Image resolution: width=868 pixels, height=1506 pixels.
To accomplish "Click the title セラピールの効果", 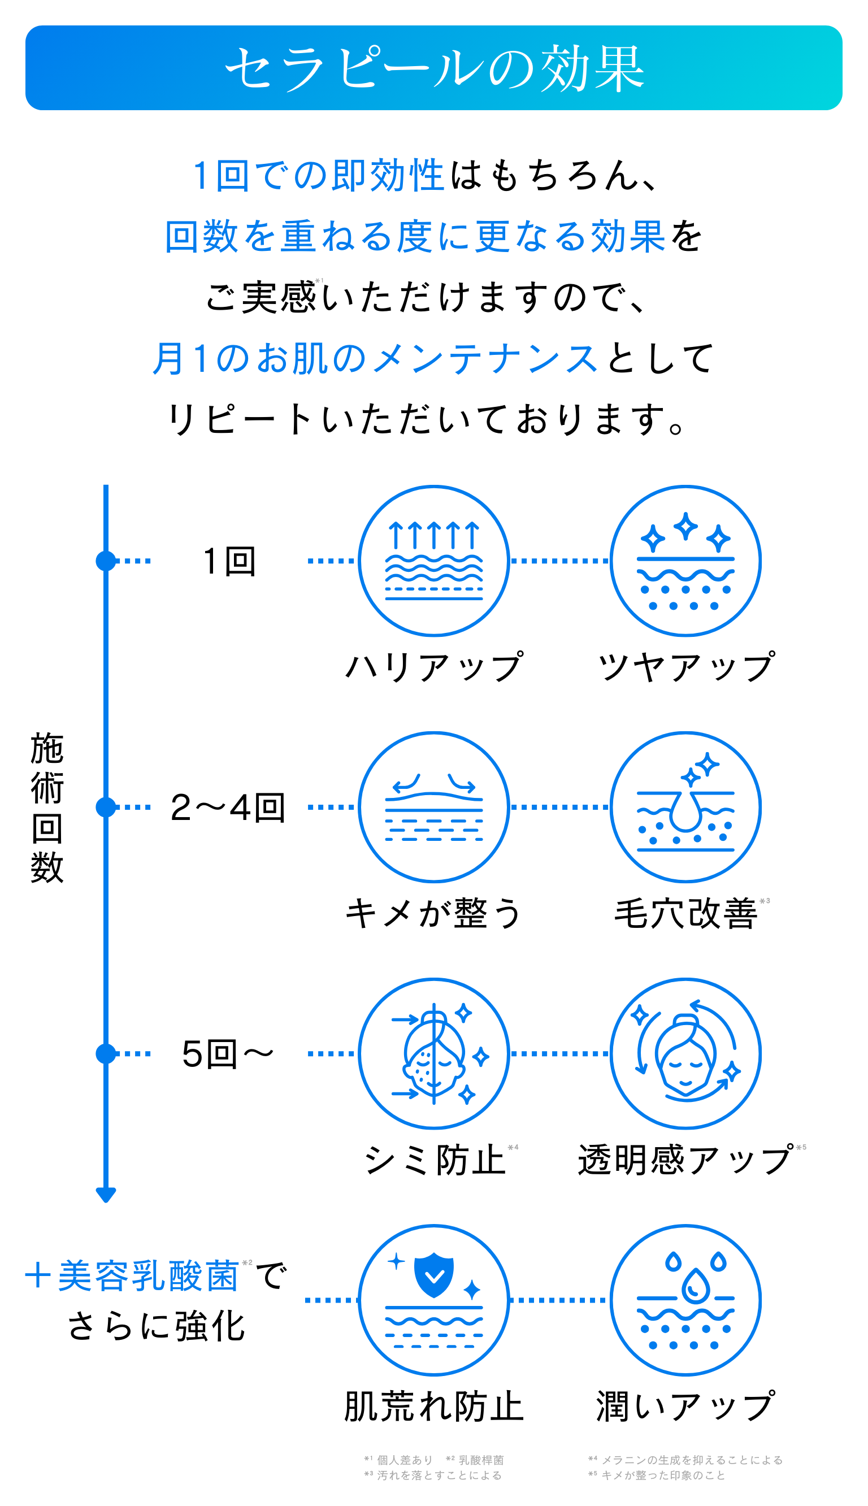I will pyautogui.click(x=434, y=68).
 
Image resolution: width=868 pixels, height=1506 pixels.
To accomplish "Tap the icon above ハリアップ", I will pyautogui.click(x=434, y=561).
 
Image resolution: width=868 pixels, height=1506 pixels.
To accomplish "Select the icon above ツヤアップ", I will pyautogui.click(x=685, y=561).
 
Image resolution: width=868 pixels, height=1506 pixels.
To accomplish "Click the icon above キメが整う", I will pyautogui.click(x=434, y=807).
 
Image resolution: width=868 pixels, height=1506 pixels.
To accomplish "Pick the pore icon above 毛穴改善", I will pyautogui.click(x=685, y=807).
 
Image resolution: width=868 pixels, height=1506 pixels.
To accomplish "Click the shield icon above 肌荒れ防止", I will pyautogui.click(x=434, y=1300).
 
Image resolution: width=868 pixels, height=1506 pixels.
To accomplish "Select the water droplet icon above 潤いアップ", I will pyautogui.click(x=685, y=1300).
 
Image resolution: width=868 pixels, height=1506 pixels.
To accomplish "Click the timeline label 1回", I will pyautogui.click(x=229, y=561).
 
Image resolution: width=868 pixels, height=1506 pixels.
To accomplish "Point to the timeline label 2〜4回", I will pyautogui.click(x=228, y=808).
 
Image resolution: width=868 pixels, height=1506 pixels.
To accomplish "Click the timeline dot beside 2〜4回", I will pyautogui.click(x=106, y=807).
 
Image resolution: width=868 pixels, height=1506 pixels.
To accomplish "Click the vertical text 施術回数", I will pyautogui.click(x=47, y=808).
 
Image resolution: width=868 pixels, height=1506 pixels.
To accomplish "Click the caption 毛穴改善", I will pyautogui.click(x=685, y=914).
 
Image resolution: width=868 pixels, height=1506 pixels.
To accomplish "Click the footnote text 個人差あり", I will pyautogui.click(x=405, y=1460).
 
